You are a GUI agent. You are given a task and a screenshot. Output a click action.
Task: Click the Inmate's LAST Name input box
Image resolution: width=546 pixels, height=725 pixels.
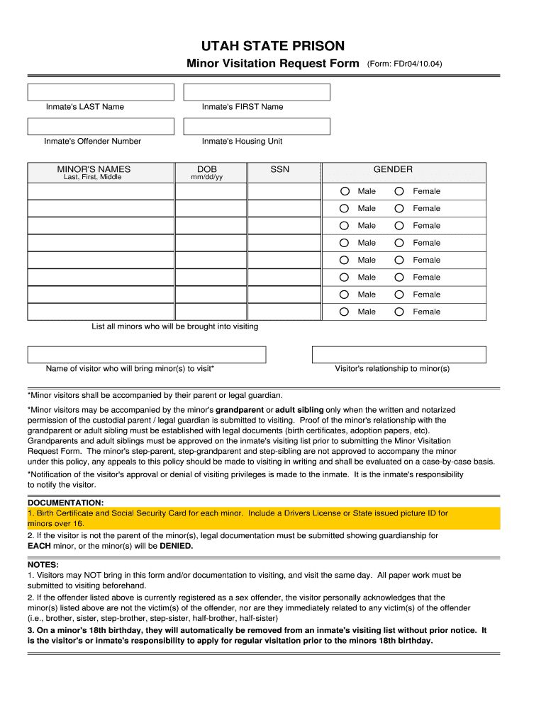coord(101,92)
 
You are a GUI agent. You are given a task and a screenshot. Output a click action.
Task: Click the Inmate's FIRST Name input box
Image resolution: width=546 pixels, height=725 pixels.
coord(257,92)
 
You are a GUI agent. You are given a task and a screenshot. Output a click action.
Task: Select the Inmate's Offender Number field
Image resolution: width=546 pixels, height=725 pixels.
coord(101,126)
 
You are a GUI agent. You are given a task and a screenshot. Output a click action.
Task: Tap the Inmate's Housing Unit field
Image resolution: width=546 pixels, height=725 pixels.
coord(257,126)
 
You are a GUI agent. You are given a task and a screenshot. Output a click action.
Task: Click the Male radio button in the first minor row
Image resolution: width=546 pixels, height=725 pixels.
coord(344,191)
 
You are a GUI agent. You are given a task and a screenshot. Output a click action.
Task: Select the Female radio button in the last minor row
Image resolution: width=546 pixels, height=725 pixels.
coord(400,312)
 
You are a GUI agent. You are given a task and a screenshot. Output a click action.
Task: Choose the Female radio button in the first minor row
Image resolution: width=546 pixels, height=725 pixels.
coord(400,191)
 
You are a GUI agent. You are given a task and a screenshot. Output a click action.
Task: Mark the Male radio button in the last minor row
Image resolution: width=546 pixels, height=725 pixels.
coord(344,312)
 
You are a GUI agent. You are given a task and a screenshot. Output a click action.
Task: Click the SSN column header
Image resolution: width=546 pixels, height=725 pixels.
coord(280,169)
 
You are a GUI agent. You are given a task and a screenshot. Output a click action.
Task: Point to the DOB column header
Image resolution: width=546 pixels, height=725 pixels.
coord(207,169)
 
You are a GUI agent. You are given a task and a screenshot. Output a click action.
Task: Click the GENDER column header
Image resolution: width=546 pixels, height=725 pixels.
coord(393,169)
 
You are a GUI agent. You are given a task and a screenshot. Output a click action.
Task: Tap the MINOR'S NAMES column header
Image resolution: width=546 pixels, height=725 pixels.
coord(94,169)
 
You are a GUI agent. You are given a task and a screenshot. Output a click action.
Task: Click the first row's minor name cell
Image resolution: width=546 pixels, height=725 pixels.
coord(101,191)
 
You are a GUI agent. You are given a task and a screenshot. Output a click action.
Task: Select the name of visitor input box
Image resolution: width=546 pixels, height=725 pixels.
coord(147,355)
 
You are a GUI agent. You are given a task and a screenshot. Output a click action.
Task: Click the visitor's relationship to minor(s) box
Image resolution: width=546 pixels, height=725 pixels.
coord(399,355)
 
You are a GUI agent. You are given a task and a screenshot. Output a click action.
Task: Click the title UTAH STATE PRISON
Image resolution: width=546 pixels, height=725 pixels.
coord(273,47)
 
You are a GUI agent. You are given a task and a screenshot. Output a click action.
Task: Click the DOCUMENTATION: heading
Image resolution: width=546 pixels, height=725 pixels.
coord(65,503)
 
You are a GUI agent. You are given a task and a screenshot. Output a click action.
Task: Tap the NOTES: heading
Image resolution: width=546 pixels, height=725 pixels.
coord(43,565)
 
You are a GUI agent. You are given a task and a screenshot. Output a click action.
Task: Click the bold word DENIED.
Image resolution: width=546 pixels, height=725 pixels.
coord(176,547)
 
